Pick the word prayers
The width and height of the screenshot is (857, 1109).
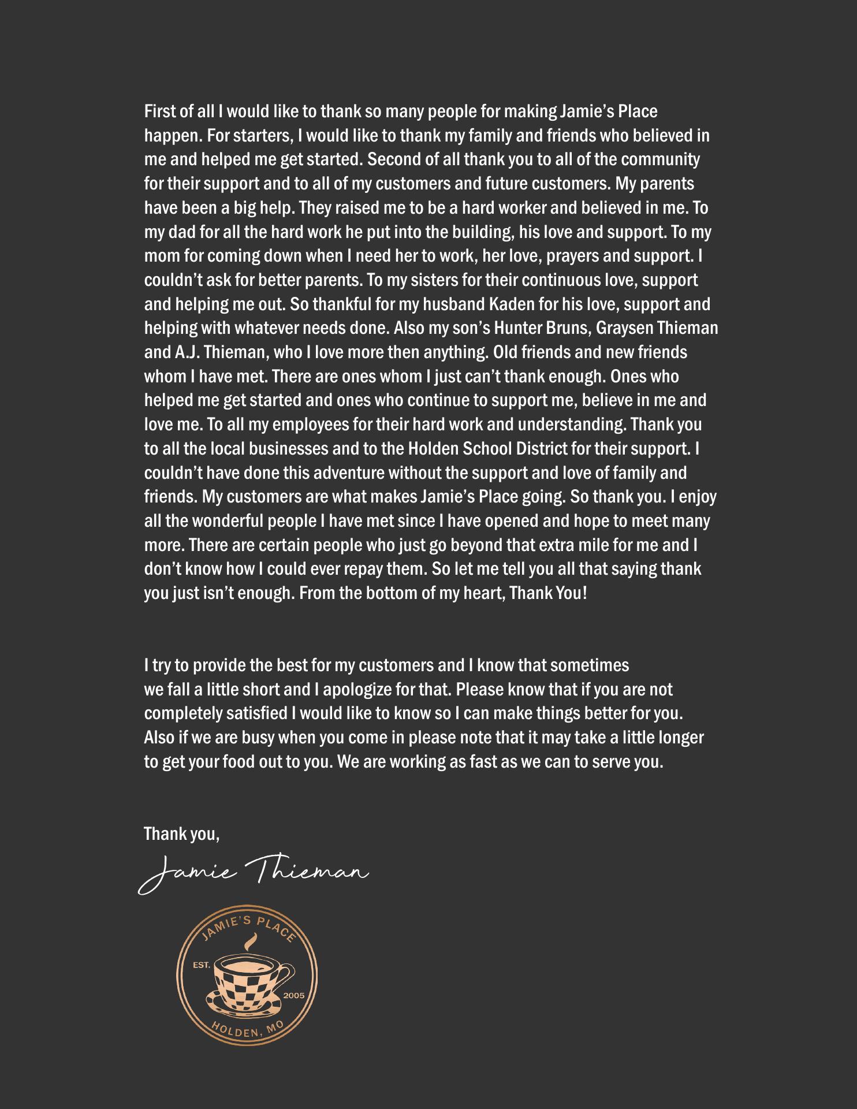[x=556, y=256]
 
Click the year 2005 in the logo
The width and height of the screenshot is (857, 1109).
[x=293, y=996]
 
